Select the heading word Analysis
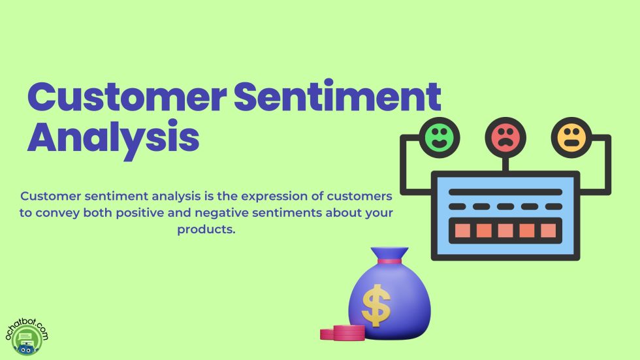(113, 138)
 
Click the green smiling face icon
(440, 138)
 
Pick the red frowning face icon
(505, 138)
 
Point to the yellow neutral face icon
(571, 138)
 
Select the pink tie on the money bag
(390, 261)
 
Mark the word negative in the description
(250, 213)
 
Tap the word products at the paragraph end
(205, 230)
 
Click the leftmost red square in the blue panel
(462, 230)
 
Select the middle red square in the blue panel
(505, 230)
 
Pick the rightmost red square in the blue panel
(549, 230)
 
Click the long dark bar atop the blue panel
(505, 193)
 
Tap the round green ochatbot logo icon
(25, 340)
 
